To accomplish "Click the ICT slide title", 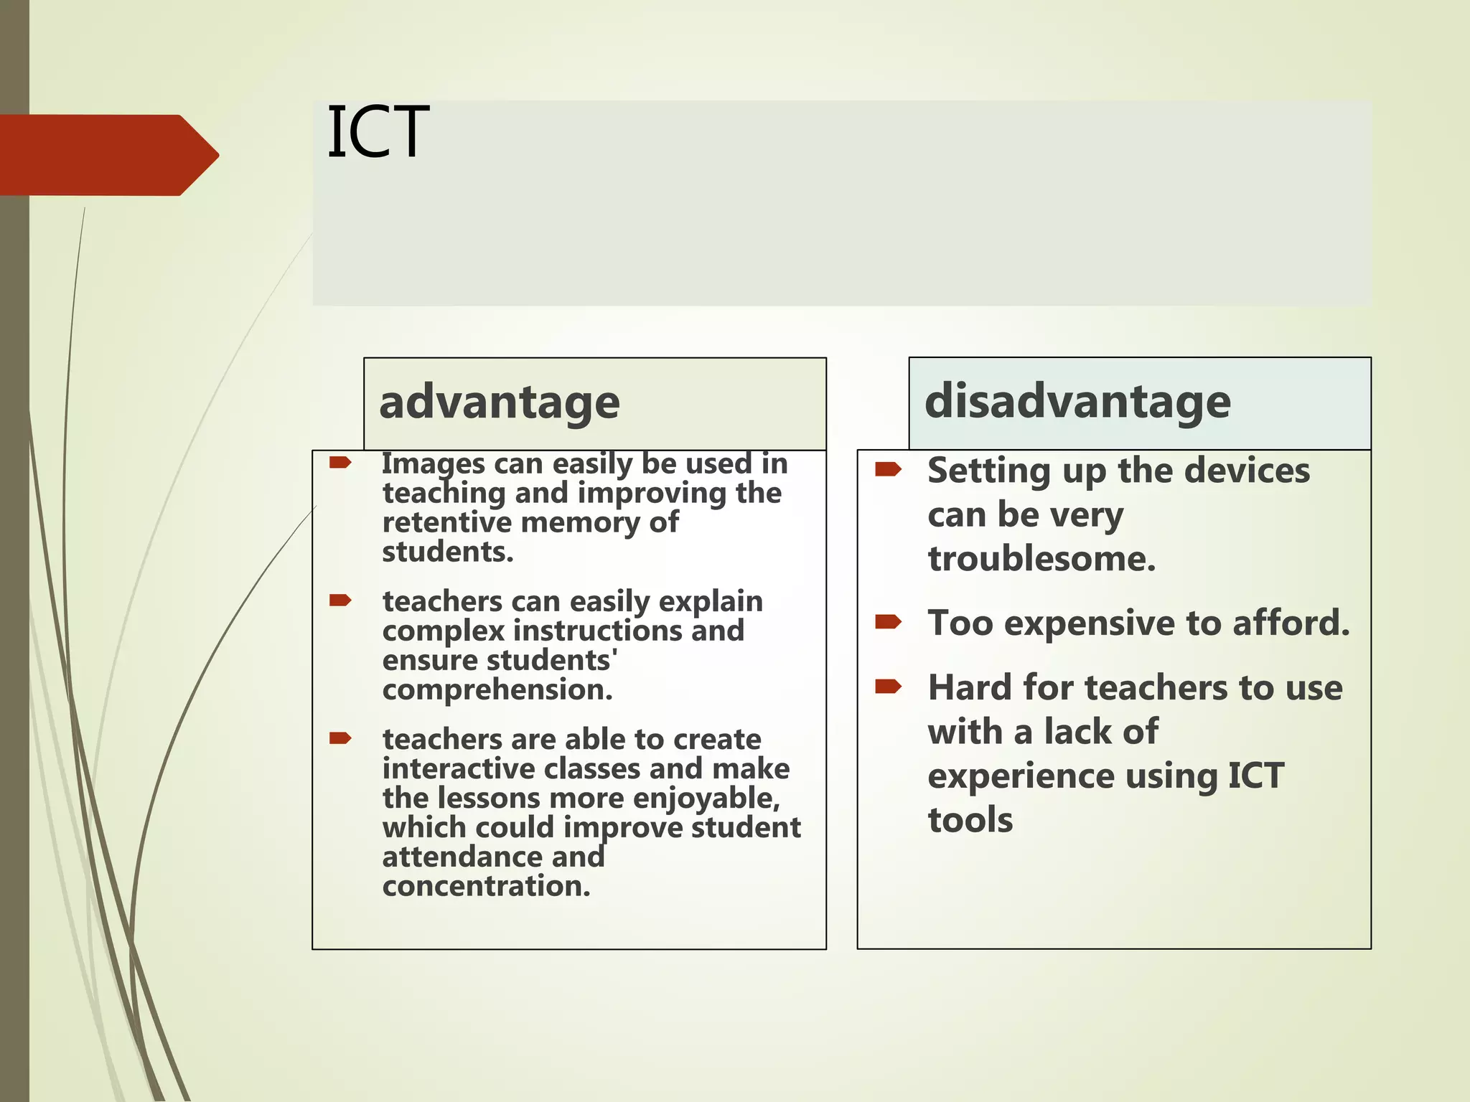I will point(378,133).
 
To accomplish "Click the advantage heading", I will point(499,402).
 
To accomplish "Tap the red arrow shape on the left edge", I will point(108,155).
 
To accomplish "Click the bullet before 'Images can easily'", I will point(340,463).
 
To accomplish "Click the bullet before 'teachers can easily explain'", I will point(340,600).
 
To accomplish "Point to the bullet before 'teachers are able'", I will point(340,738).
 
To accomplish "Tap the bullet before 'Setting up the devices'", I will point(888,470).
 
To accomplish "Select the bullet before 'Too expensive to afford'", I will point(888,621).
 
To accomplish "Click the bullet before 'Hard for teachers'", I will point(888,687).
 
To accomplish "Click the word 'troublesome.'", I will point(1041,560).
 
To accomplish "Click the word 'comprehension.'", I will point(497,690).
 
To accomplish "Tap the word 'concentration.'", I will point(486,887).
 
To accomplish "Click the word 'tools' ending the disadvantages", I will point(970,820).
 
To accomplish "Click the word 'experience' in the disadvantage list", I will point(1020,776).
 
